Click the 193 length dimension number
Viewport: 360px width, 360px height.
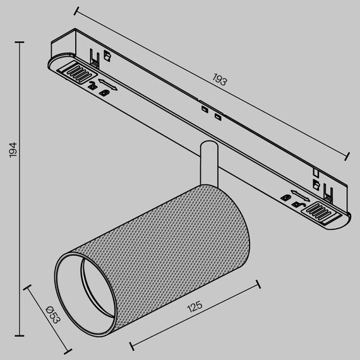(x=219, y=81)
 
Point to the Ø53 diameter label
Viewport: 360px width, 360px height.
(x=52, y=313)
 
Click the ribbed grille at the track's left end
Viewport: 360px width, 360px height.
(x=75, y=74)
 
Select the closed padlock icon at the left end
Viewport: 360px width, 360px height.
(x=105, y=93)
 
